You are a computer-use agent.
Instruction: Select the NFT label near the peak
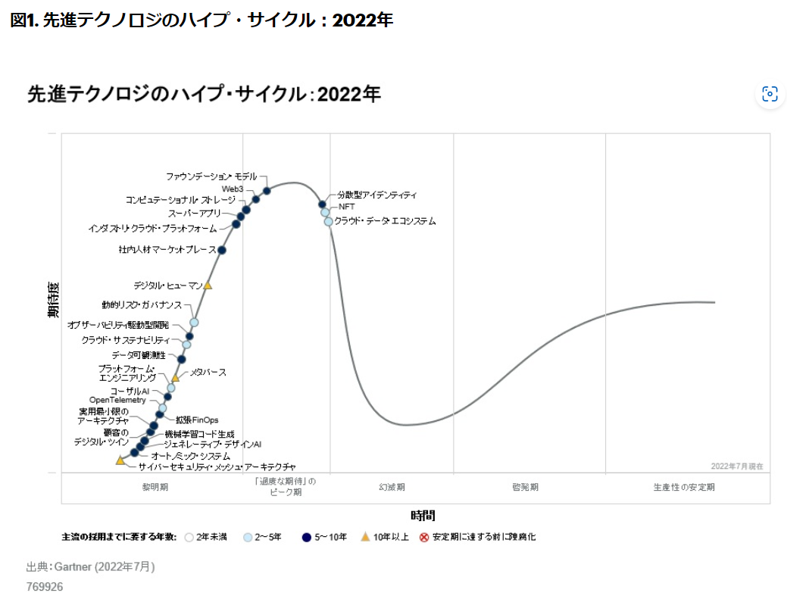[346, 207]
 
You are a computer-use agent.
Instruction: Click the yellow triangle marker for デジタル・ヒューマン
[208, 286]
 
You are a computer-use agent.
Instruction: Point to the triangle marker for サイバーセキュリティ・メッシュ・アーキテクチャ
[120, 460]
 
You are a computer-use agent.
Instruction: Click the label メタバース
[208, 373]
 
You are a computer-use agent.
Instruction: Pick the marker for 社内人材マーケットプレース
[222, 250]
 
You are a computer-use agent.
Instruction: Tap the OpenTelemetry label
[117, 400]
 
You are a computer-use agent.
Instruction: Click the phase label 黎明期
[155, 487]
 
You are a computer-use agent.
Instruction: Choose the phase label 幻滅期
[392, 487]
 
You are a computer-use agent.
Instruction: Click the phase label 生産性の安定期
[683, 487]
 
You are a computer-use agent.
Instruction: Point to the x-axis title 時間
[423, 516]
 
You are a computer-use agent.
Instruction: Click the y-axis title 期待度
[53, 299]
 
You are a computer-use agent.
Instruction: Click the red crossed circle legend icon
[424, 538]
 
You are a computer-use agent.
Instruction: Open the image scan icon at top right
[770, 94]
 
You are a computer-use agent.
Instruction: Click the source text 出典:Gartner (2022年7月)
[91, 566]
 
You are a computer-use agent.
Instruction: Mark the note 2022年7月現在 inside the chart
[737, 466]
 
